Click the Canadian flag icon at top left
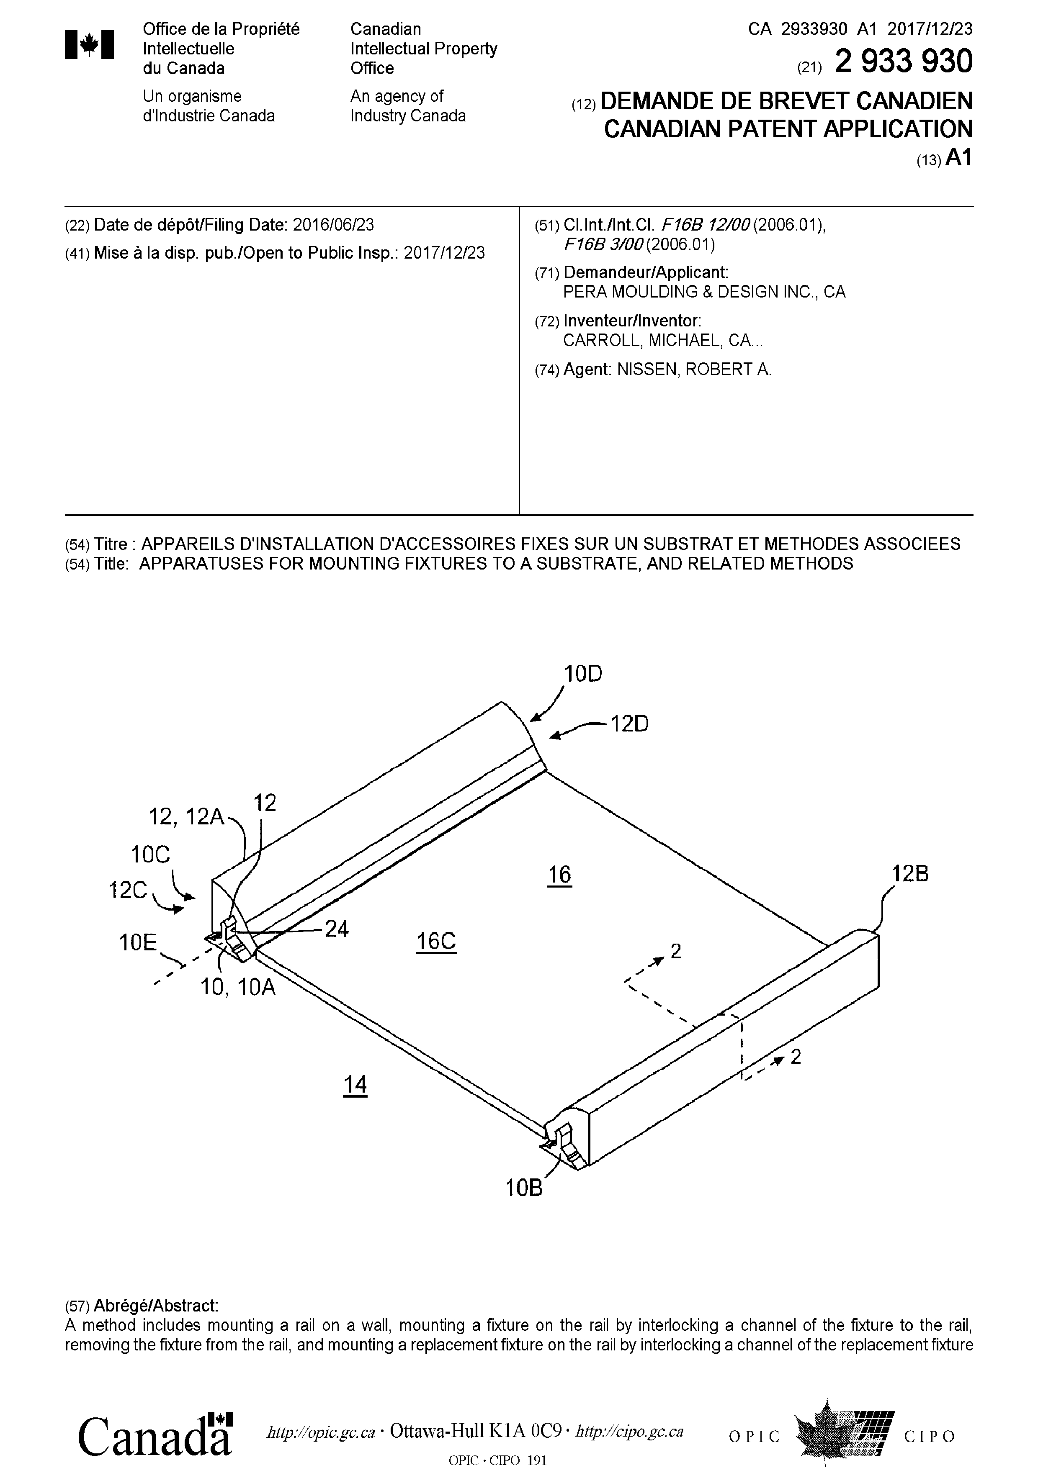(90, 45)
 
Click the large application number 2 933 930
(904, 62)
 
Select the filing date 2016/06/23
(333, 225)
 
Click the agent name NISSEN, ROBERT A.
(694, 370)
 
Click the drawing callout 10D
(582, 673)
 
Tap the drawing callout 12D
(629, 724)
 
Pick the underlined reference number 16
(559, 874)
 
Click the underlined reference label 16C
(436, 941)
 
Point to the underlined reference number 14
(355, 1084)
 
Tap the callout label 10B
(524, 1188)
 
